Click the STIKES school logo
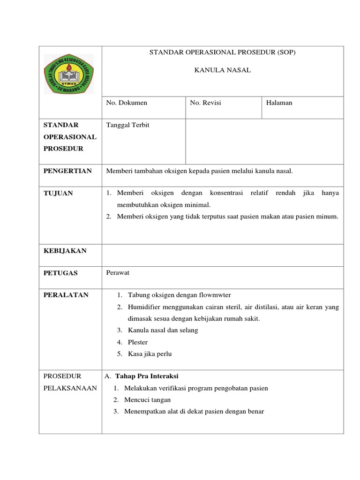point(68,74)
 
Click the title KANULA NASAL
point(223,70)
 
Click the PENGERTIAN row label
point(67,171)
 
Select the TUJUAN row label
point(58,193)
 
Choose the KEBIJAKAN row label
point(65,251)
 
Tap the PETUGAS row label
point(60,273)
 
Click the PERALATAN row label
point(66,295)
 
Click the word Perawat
point(118,272)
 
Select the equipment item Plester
point(138,343)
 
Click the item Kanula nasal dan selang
point(163,330)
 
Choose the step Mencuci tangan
point(147,400)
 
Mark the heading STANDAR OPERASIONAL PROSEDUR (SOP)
point(223,52)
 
